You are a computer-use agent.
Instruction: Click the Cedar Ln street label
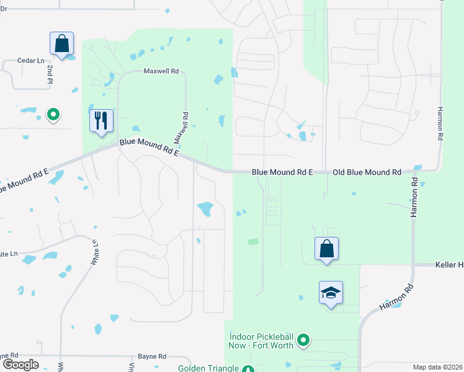tap(31, 61)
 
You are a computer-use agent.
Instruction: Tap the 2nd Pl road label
tap(49, 73)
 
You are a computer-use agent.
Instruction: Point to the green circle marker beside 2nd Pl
tap(53, 114)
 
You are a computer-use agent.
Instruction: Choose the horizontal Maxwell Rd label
tap(161, 71)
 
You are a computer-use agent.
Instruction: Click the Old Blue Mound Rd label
tap(367, 172)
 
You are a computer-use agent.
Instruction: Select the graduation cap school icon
tap(331, 293)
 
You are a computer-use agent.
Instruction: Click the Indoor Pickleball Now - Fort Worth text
tap(261, 341)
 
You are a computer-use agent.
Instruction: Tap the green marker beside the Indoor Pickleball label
tap(303, 340)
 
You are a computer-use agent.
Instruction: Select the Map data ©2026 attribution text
tap(438, 367)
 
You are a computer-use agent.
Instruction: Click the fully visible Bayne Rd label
tap(153, 356)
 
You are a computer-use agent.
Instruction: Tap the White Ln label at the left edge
tap(9, 254)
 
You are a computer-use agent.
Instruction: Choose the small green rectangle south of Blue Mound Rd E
tap(252, 242)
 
